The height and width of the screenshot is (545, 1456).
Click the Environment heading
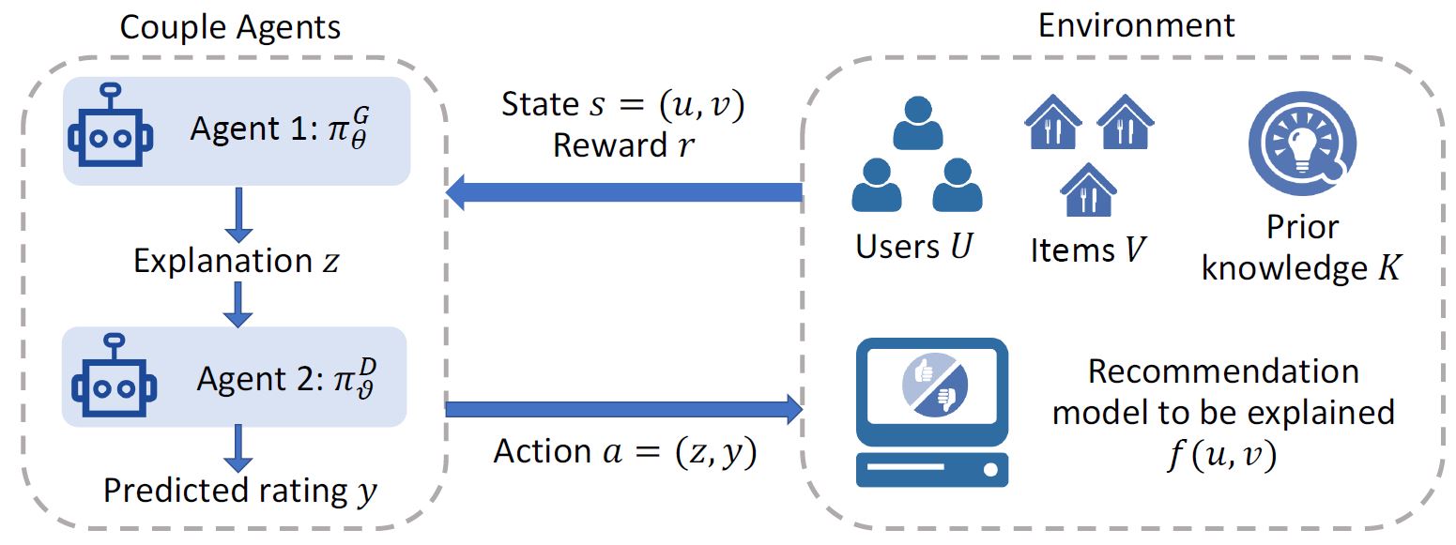pos(1136,26)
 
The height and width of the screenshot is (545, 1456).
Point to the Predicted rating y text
pos(240,491)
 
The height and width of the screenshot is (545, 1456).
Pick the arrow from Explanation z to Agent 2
pos(240,302)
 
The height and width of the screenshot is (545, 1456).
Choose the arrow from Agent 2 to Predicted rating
pos(240,447)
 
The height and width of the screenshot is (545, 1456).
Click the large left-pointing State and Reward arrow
pos(623,192)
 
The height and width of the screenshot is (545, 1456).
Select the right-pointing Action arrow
pos(623,409)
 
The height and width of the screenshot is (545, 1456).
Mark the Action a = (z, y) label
pos(625,452)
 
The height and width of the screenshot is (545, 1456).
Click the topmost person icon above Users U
pos(917,123)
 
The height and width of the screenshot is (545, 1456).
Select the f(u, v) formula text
pos(1223,457)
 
